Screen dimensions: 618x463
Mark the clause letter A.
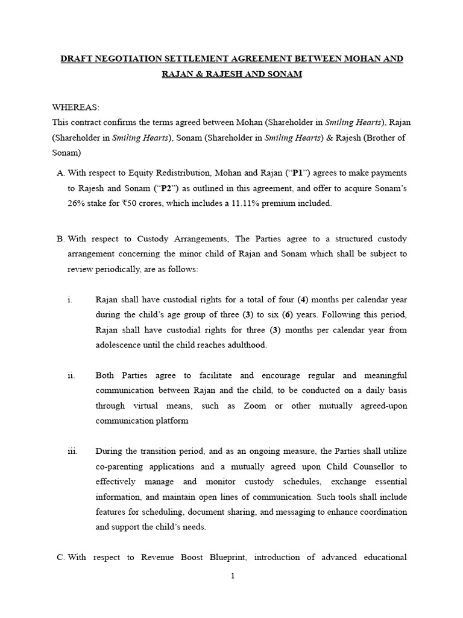60,173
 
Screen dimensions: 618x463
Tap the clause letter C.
60,557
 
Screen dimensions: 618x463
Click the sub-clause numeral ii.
71,375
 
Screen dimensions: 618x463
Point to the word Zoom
254,406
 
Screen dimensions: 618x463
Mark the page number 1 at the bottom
232,576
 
